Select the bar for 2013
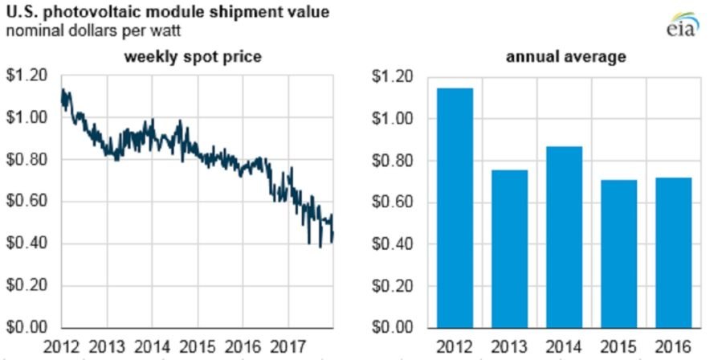pos(510,249)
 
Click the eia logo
pos(683,24)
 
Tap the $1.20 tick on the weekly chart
pos(27,76)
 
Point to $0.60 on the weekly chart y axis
pos(27,202)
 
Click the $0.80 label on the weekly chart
pos(27,160)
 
